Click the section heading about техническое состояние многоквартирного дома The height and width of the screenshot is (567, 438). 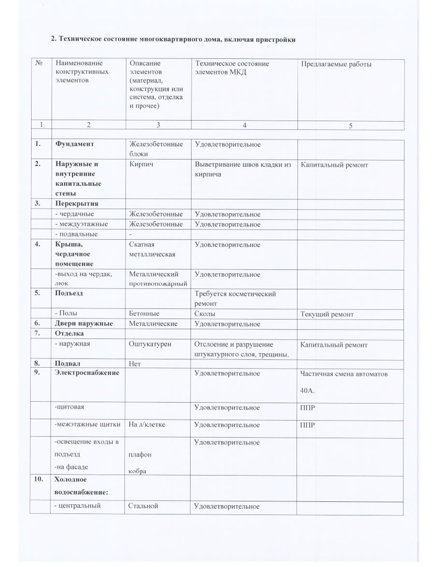(x=174, y=39)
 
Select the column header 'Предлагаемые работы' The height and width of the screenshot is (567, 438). (x=336, y=64)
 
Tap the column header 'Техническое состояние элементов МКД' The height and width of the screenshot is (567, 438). (x=232, y=68)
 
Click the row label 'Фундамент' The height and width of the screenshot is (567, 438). (x=74, y=144)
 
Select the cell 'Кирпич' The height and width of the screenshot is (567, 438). (x=140, y=165)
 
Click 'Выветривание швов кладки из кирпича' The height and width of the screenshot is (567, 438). (x=242, y=169)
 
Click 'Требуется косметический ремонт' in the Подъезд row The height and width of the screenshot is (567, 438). (x=235, y=298)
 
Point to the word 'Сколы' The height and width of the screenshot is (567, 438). (x=205, y=314)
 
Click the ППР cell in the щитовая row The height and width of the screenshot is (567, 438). (x=308, y=408)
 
